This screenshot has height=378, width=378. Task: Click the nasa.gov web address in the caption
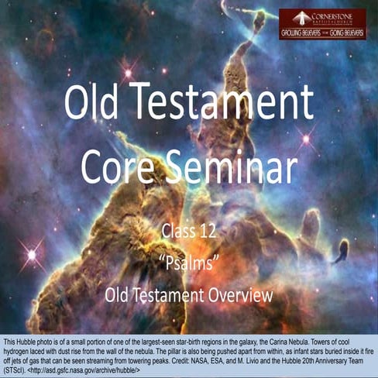(x=81, y=368)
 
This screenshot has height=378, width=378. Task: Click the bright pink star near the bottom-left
(x=32, y=253)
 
